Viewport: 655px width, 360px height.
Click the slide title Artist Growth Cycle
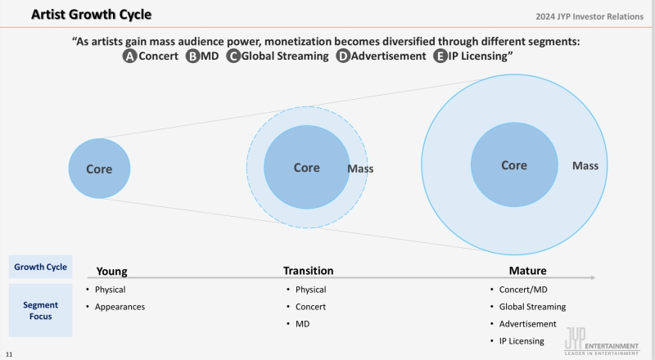[91, 14]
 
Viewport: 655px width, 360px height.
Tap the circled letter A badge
[129, 56]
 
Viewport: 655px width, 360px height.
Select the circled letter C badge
[233, 56]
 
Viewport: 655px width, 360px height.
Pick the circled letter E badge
[440, 56]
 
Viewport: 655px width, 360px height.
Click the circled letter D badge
[343, 56]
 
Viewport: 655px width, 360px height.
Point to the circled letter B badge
[192, 56]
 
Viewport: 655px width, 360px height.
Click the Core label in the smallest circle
[99, 169]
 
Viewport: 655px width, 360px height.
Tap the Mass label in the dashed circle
[360, 169]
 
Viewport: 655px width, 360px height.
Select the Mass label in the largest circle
[585, 166]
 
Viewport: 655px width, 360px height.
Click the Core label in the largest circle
[514, 165]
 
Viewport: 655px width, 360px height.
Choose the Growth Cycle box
[40, 267]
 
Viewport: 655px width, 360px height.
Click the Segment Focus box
[40, 310]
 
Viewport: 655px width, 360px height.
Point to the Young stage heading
[111, 272]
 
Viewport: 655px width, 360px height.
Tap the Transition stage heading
[309, 271]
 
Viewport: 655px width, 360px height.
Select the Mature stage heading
[527, 271]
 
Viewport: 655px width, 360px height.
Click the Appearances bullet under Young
[120, 307]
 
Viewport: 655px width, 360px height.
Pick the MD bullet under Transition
[302, 324]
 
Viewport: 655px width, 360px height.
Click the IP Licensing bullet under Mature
[522, 341]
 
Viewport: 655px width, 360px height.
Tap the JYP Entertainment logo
[602, 341]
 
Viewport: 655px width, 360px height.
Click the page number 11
[9, 354]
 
